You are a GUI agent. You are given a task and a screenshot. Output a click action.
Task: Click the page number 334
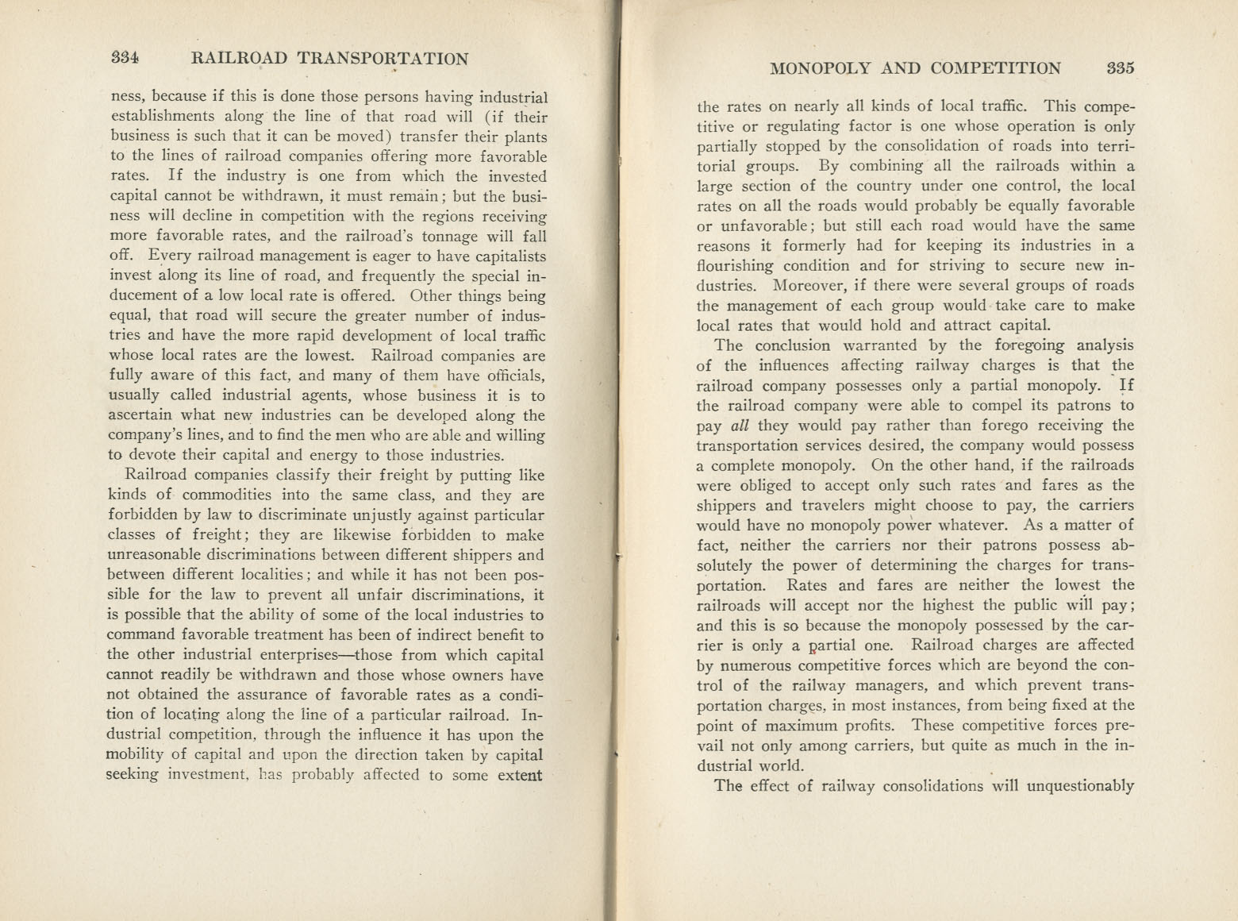(125, 58)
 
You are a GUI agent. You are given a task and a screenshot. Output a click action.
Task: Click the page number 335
(1121, 68)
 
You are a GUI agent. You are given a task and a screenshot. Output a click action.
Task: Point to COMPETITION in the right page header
(996, 68)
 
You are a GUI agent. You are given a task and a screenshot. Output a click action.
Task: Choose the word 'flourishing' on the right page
(739, 266)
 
